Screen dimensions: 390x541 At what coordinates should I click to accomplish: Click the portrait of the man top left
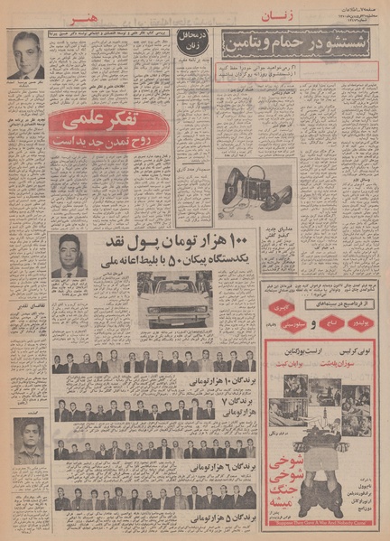tap(29, 57)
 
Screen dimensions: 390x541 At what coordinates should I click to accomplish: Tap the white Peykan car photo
tap(175, 299)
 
